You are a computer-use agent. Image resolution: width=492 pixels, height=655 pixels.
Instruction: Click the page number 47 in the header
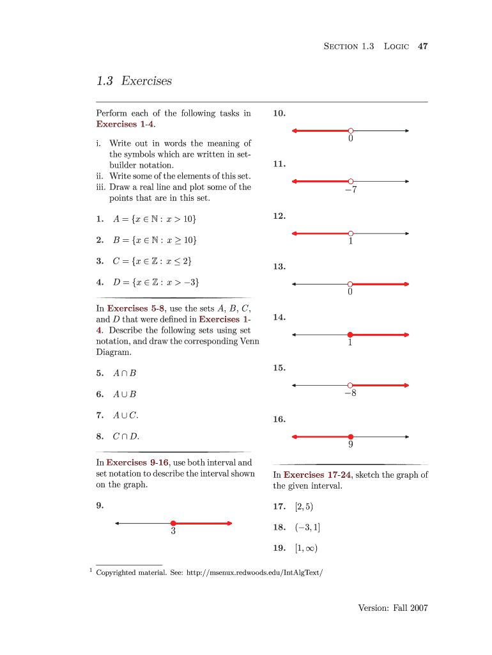(422, 46)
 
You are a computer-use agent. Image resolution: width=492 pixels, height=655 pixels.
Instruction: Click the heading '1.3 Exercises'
(134, 81)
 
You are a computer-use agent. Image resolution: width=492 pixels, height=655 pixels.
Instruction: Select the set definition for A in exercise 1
(154, 219)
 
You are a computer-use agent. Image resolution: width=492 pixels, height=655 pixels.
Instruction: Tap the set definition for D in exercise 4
(155, 281)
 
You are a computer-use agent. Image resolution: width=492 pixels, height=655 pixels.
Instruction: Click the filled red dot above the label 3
(173, 523)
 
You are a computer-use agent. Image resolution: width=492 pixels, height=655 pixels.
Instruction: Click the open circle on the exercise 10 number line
(350, 130)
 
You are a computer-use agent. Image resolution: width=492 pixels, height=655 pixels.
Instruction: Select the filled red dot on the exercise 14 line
(350, 335)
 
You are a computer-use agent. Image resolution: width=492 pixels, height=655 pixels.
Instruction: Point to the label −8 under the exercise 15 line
(350, 393)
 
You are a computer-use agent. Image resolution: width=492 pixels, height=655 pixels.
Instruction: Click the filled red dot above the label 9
(350, 437)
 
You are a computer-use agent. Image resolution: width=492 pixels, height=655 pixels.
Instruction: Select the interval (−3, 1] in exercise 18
(307, 527)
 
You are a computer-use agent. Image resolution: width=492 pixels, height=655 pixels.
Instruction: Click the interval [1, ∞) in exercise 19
(306, 548)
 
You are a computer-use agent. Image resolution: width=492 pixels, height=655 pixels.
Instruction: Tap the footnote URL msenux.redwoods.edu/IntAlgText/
(254, 572)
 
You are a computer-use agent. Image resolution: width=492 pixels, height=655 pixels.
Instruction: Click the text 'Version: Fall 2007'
(392, 608)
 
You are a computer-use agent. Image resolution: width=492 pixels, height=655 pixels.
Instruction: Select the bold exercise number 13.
(279, 266)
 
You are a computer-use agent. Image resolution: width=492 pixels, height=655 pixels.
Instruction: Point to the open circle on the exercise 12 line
(350, 233)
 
